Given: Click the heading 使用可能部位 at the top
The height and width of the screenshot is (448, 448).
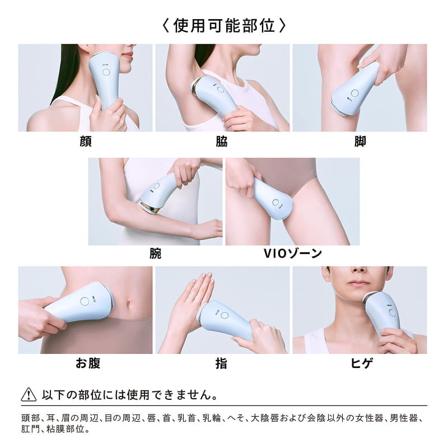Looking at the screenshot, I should click(224, 25).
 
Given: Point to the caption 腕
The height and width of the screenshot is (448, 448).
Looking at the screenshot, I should click(155, 254).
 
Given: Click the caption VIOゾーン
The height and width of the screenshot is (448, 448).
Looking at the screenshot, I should click(292, 254).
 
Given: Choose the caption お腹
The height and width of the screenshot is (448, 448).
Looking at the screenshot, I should click(88, 363).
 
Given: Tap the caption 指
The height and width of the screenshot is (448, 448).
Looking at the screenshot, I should click(221, 363).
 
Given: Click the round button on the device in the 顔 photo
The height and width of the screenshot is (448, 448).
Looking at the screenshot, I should click(106, 72).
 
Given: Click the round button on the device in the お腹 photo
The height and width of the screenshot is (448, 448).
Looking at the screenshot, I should click(85, 301).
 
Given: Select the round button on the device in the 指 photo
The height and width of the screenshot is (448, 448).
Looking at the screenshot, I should click(225, 316).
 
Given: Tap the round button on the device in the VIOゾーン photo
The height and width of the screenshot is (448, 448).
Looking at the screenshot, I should click(275, 202).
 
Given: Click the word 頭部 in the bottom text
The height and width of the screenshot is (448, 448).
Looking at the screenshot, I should click(30, 419).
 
